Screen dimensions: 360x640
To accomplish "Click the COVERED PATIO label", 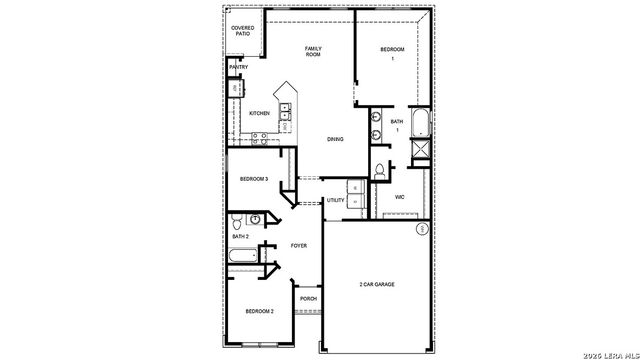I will point(242,31).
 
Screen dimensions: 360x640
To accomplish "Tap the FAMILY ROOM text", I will point(313,51).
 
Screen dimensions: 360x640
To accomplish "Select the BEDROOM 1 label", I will point(393,53).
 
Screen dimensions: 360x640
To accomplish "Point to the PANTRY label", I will point(238,67).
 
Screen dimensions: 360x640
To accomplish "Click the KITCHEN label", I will point(259,113).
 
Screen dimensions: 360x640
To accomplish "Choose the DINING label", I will point(335,140).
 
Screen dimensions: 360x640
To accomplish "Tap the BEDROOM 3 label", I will point(253,179).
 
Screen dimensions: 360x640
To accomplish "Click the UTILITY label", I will point(335,201).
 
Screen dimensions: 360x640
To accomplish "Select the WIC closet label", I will point(399,197).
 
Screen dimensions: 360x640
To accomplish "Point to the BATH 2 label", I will point(240,236).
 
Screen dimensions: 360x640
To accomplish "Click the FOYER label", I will point(298,245).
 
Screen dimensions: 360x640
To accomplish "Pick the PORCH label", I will point(308,299).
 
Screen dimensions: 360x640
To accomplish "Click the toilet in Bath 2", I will point(236,220).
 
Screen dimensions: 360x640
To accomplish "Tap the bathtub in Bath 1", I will point(419,123).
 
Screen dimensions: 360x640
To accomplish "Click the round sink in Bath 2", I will point(257,219).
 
